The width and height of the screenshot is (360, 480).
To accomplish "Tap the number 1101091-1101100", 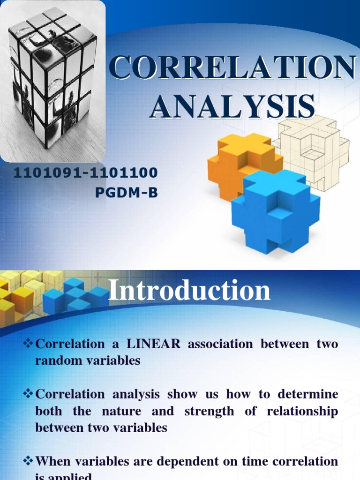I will pyautogui.click(x=85, y=173).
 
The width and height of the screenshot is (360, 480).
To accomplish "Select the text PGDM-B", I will pyautogui.click(x=127, y=192).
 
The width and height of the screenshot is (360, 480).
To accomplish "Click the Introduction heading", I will pyautogui.click(x=189, y=291).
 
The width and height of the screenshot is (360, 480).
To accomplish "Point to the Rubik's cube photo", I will pyautogui.click(x=52, y=80).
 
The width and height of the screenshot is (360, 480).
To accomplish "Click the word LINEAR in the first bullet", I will pyautogui.click(x=152, y=344).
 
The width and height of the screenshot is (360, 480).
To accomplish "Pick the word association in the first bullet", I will pyautogui.click(x=220, y=344).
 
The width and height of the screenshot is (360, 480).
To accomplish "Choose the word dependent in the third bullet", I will pyautogui.click(x=187, y=461).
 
